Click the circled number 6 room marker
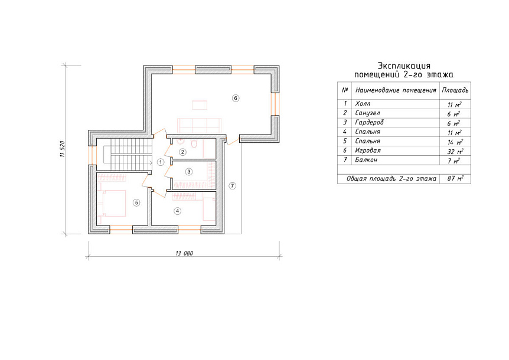pos(236,98)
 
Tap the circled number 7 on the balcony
pos(232,186)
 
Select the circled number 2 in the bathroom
pos(182,152)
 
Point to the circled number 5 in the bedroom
pos(136,202)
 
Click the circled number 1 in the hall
pos(161,162)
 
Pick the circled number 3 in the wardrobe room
pos(189,172)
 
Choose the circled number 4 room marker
pos(177,211)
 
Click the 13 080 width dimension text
pos(184,253)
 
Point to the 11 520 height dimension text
pos(63,149)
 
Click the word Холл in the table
pos(363,103)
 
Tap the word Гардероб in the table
pos(370,122)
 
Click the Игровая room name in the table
pos(368,150)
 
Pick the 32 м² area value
pos(455,151)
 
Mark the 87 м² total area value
pos(455,178)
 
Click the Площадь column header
pos(455,90)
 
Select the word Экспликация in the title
pos(404,66)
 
